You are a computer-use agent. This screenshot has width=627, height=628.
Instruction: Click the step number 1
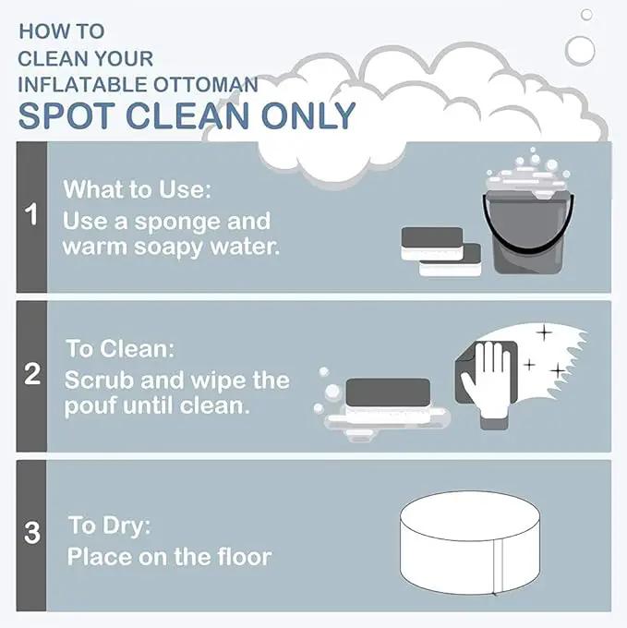point(30,214)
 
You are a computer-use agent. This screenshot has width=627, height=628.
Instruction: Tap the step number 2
point(32,374)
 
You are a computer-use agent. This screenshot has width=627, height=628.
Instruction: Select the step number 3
point(32,532)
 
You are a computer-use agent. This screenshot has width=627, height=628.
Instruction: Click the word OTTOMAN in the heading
point(206,85)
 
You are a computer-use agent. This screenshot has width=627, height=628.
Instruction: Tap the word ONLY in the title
point(308,115)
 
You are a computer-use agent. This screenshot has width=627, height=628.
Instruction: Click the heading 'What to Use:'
point(137,188)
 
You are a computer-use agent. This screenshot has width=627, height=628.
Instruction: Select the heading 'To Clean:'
point(120,348)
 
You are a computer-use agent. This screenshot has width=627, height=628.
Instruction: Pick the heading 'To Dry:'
point(109,525)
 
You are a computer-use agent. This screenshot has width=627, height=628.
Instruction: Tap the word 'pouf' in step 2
point(90,407)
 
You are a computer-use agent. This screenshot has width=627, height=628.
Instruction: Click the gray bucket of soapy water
point(527,230)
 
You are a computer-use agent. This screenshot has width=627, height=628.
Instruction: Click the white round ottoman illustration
point(470,543)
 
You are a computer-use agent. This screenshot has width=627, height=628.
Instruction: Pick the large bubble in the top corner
point(580,51)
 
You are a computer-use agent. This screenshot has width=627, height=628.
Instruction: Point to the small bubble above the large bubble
point(586,15)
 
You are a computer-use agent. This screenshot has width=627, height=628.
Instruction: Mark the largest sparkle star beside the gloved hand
point(544,332)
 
